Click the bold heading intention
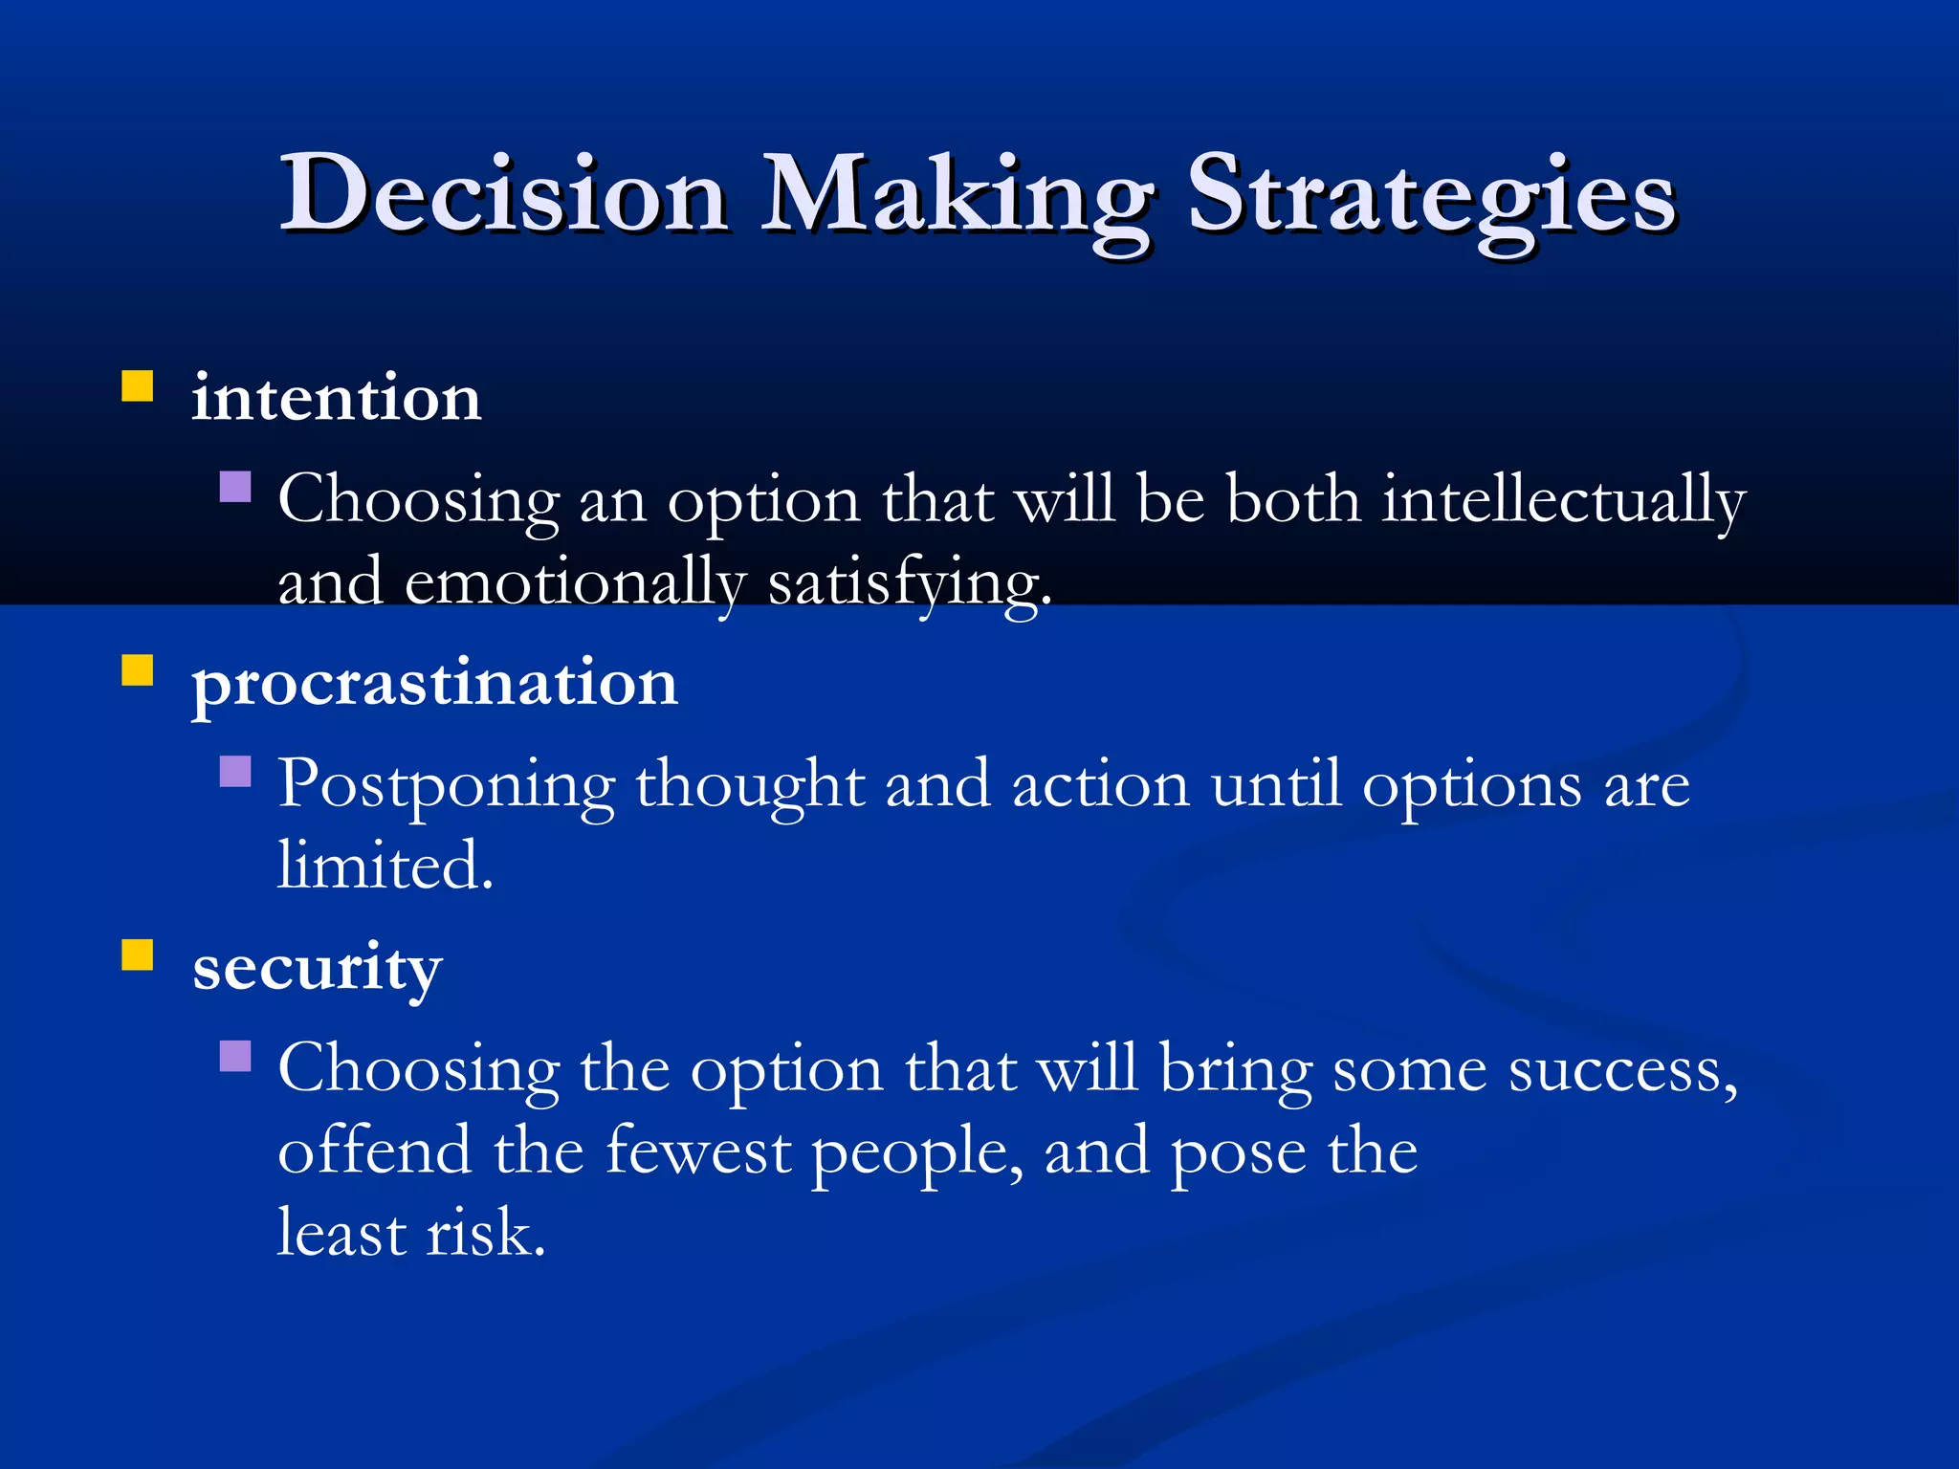pos(336,398)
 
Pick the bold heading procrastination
pos(435,685)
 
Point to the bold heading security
pos(317,968)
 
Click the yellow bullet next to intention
pos(138,386)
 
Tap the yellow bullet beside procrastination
pos(138,670)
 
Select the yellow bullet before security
pos(138,954)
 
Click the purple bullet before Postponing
pos(235,771)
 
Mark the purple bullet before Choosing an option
pos(235,487)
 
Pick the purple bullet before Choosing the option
pos(235,1056)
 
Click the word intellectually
pos(1563,501)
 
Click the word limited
pos(385,866)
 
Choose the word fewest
pos(697,1151)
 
